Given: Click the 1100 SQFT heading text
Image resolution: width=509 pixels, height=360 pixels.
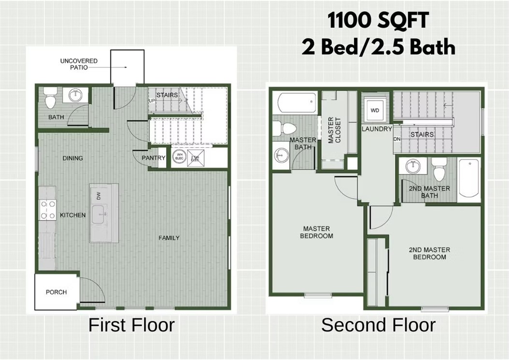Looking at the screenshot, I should [378, 21].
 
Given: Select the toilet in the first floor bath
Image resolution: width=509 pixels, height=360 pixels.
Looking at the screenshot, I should [50, 100].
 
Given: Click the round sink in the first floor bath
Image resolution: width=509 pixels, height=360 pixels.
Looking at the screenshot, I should [76, 95].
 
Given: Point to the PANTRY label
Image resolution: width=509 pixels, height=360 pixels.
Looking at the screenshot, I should [154, 158].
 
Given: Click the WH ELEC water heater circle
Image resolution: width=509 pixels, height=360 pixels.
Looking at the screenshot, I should [179, 157].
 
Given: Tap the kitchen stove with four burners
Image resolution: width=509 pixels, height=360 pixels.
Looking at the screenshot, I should [47, 210].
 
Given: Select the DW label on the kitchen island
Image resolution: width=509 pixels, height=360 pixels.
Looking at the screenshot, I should [99, 195].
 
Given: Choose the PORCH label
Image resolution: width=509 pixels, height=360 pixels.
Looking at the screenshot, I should [56, 292].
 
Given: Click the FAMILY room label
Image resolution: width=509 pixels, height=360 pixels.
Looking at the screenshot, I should [169, 238].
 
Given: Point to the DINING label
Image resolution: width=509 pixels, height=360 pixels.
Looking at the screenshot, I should [72, 158].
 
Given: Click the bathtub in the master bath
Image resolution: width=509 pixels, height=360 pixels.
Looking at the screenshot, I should [294, 103].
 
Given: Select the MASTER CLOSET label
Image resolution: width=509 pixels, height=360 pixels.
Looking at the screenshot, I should [334, 130].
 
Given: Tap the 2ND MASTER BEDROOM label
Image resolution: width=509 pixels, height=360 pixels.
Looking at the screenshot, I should [429, 253].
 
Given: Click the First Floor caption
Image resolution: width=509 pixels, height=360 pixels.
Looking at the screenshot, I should [131, 325].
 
